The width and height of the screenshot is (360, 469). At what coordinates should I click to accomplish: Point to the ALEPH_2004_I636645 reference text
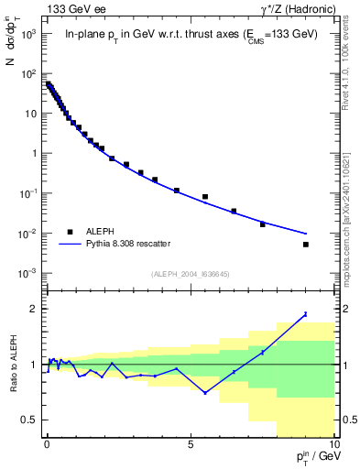click(x=190, y=274)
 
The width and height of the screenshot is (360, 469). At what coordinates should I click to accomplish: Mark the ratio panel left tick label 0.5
click(x=27, y=420)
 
